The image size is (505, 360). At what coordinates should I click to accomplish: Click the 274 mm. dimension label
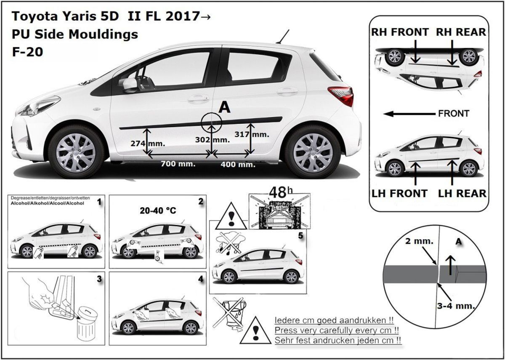pyautogui.click(x=148, y=144)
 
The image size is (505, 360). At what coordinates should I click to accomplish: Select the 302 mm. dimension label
pyautogui.click(x=213, y=140)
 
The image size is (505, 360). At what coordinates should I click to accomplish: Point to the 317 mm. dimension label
pyautogui.click(x=252, y=134)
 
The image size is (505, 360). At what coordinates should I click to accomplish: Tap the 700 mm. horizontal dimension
pyautogui.click(x=178, y=164)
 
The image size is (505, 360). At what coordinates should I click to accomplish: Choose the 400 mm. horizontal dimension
pyautogui.click(x=238, y=165)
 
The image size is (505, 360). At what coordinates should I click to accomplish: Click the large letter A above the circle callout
pyautogui.click(x=225, y=107)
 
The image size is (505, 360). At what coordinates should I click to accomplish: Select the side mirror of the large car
pyautogui.click(x=130, y=85)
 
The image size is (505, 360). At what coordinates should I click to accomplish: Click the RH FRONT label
pyautogui.click(x=400, y=32)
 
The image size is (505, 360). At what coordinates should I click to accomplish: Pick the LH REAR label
pyautogui.click(x=462, y=194)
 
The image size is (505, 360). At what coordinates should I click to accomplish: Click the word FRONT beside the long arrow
pyautogui.click(x=454, y=113)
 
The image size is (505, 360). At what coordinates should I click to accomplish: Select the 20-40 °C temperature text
pyautogui.click(x=158, y=211)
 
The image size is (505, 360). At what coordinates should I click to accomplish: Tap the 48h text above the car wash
pyautogui.click(x=281, y=192)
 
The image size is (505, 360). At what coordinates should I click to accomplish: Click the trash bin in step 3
pyautogui.click(x=88, y=325)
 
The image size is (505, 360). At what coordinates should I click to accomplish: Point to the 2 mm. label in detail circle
pyautogui.click(x=419, y=241)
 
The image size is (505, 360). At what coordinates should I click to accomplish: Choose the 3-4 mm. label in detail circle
pyautogui.click(x=456, y=306)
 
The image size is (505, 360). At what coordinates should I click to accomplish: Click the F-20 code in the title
pyautogui.click(x=27, y=52)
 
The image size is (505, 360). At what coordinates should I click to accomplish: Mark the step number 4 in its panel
pyautogui.click(x=201, y=280)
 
